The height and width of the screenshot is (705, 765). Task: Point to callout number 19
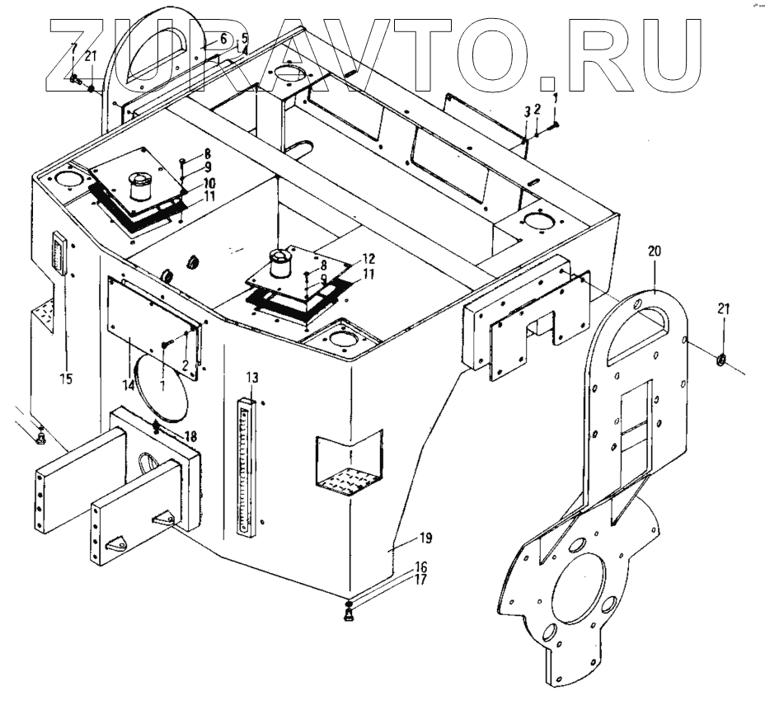pos(425,539)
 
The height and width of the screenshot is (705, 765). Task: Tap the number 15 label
pos(66,378)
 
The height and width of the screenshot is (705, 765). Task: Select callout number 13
pos(252,378)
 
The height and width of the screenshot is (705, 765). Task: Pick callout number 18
pos(191,435)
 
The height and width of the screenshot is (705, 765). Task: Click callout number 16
pos(420,566)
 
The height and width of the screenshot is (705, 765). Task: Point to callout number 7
pos(73,49)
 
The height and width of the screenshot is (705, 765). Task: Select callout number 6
pos(223,39)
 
